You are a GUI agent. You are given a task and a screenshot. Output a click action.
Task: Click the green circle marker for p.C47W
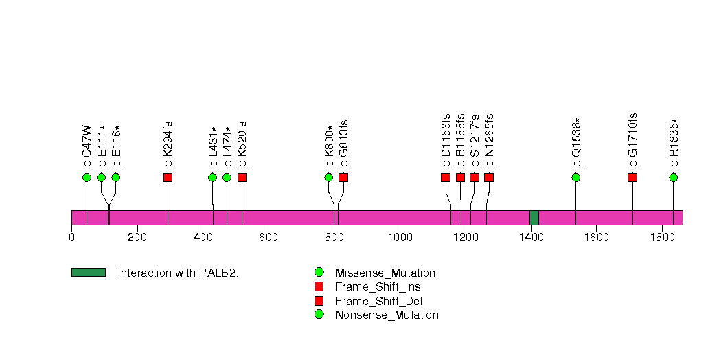click(x=87, y=177)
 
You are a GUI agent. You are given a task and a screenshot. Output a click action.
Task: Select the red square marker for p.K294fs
click(x=168, y=177)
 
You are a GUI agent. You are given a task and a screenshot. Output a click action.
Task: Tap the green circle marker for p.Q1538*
click(x=575, y=177)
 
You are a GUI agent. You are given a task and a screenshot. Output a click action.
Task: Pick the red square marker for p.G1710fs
click(x=632, y=177)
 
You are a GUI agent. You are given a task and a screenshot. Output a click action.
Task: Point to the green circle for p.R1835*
click(x=673, y=177)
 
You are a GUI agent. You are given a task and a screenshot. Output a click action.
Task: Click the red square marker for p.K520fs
click(x=242, y=177)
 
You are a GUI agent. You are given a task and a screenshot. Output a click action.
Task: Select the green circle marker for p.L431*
click(x=212, y=177)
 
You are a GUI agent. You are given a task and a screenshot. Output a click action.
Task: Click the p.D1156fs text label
click(x=446, y=140)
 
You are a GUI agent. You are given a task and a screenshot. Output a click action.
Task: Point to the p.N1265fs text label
click(x=489, y=140)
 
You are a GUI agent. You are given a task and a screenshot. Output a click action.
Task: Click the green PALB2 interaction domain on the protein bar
click(x=534, y=218)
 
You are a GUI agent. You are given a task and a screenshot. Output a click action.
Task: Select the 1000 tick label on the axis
click(x=400, y=238)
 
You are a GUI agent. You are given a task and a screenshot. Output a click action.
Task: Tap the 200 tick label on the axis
click(x=137, y=238)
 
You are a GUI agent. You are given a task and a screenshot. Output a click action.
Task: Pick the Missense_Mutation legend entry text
click(x=385, y=273)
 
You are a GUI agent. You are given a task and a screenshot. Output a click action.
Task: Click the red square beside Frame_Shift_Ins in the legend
click(x=319, y=286)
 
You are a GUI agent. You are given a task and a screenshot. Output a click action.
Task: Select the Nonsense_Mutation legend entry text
click(x=387, y=315)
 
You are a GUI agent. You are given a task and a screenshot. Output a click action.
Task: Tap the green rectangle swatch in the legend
click(x=88, y=273)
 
